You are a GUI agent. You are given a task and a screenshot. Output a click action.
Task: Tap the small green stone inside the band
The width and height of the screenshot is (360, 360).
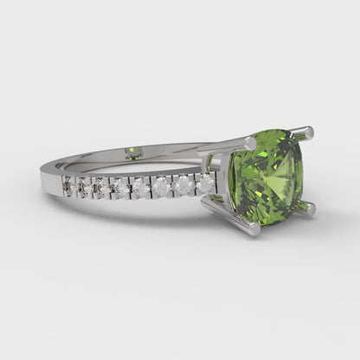pos(133,153)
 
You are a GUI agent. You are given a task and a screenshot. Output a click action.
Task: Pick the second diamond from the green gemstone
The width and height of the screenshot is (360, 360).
pos(183,184)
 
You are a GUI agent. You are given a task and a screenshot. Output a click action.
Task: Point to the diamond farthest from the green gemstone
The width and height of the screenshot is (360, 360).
pos(69,185)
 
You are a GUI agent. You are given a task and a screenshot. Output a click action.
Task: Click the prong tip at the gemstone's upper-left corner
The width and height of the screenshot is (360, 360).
pos(249,142)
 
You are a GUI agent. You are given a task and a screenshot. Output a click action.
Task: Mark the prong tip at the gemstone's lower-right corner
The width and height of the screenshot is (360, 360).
pos(306,209)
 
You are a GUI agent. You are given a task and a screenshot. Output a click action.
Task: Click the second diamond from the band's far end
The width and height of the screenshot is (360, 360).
pos(86,185)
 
